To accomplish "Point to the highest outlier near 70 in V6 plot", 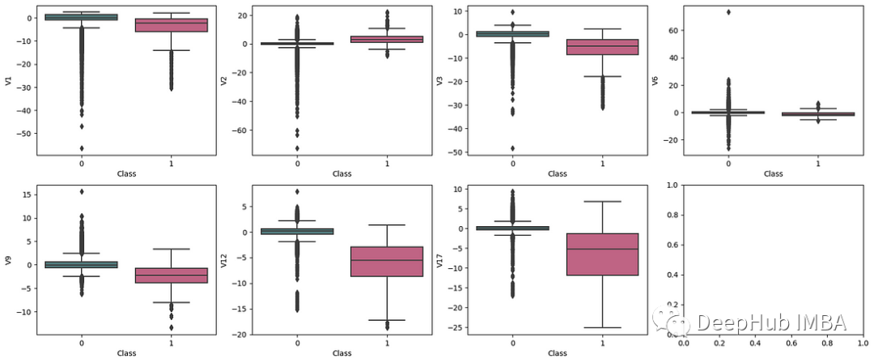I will click(729, 12).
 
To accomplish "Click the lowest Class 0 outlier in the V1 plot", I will click(82, 148).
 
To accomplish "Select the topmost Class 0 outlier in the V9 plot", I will click(82, 191).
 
